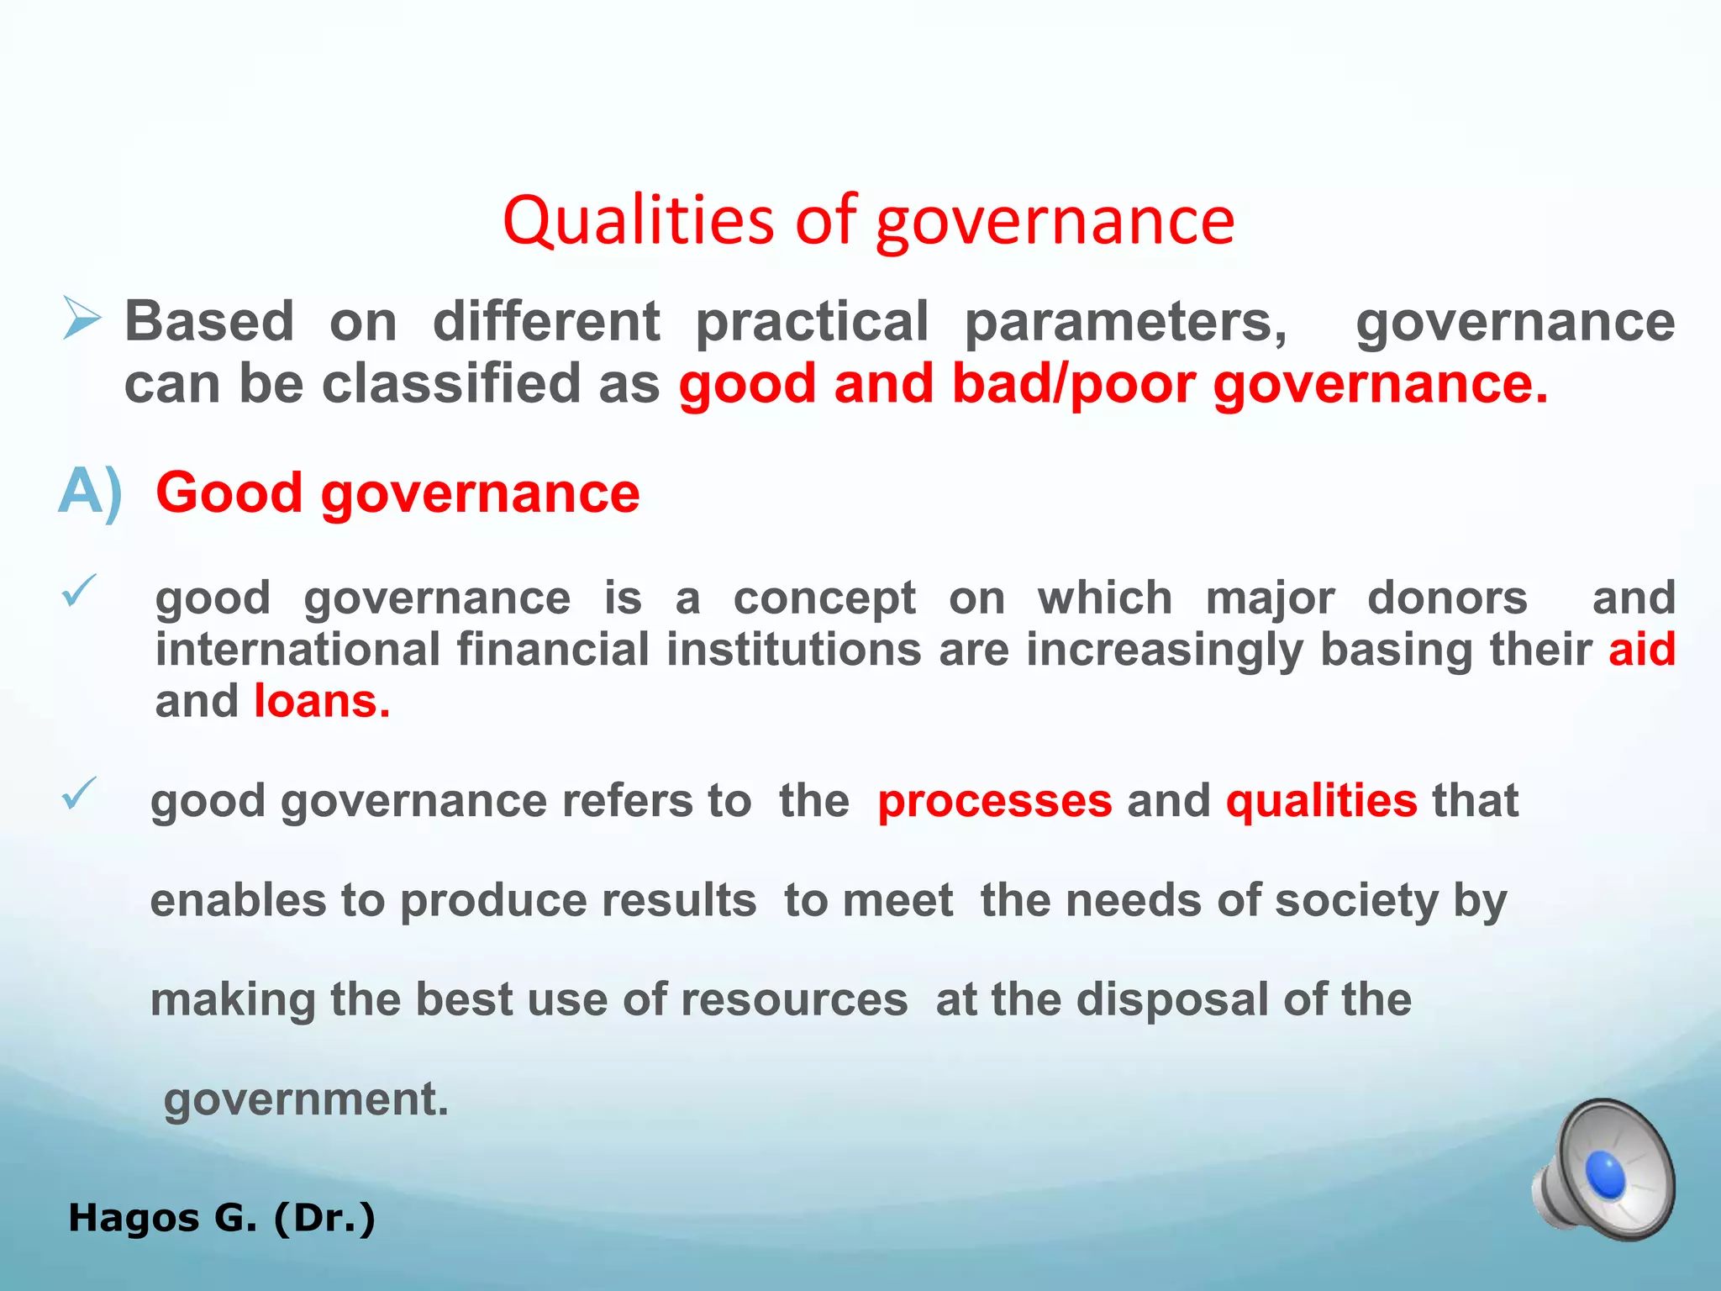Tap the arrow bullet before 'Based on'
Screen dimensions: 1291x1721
coord(82,319)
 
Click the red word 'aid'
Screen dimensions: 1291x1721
coord(1641,649)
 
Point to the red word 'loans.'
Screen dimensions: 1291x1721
coord(322,701)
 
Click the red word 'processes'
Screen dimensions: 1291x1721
coord(995,800)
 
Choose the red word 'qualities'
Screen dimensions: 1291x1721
coord(1322,800)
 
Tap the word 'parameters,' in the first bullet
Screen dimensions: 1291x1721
coord(1125,322)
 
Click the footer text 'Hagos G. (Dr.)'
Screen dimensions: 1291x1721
coord(222,1218)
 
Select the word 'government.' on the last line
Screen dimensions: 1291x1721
coord(306,1099)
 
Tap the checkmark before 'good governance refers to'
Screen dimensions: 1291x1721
coord(80,793)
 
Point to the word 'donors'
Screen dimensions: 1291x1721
coord(1447,598)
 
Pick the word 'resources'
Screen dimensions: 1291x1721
coord(794,1000)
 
